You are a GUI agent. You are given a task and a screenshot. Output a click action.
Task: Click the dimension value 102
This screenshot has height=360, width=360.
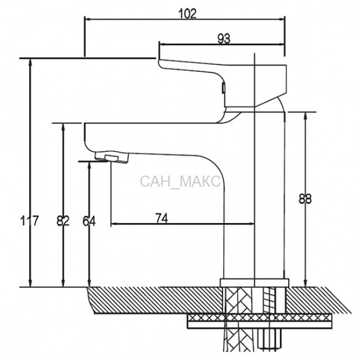(187, 14)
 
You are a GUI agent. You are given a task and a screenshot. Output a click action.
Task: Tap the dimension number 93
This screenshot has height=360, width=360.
(224, 39)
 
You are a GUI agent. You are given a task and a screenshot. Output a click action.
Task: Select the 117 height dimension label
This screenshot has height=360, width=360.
(29, 221)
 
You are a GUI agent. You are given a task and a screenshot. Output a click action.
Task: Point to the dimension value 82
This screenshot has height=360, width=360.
(63, 221)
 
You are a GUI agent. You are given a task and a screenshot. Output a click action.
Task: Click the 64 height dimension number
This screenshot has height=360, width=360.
(89, 221)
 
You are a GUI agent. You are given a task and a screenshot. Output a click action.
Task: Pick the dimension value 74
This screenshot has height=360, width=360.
(162, 218)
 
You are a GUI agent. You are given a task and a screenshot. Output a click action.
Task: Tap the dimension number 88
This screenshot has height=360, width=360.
(305, 199)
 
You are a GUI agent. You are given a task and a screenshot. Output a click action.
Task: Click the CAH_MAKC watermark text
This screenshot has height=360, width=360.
(180, 181)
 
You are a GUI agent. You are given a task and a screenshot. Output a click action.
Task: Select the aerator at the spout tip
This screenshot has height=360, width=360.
(112, 157)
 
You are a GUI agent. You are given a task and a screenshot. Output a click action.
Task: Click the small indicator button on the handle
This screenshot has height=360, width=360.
(223, 88)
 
